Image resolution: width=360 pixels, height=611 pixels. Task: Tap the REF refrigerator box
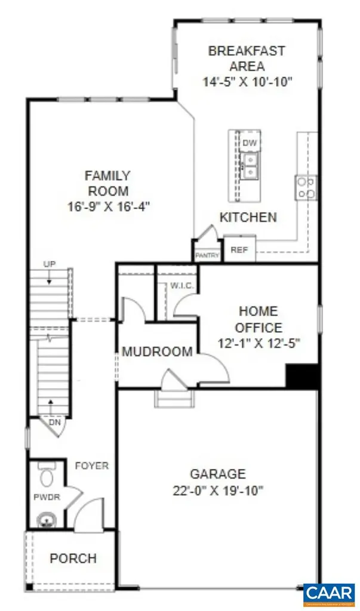pos(239,249)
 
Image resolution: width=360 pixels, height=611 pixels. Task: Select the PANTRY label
pos(207,255)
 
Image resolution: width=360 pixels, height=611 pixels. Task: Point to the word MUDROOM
pos(157,352)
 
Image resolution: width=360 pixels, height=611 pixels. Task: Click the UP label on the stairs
pos(49,264)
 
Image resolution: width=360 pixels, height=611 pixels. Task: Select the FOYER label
pos(92,465)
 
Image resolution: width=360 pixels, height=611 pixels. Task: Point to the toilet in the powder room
pos(46,476)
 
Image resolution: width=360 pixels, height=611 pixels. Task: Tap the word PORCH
pos(73,559)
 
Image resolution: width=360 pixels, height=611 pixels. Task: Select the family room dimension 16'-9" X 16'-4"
pos(107,207)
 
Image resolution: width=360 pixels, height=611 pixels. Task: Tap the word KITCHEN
pos(248,217)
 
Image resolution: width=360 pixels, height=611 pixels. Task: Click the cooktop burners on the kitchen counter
pos(306,187)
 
